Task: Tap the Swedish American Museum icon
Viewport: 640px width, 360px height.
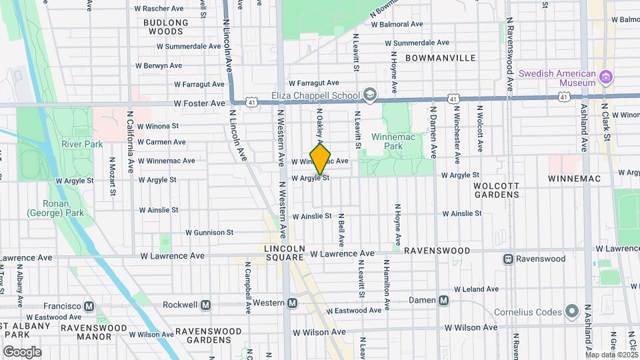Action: pos(606,78)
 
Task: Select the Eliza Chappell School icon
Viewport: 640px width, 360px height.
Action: pos(370,95)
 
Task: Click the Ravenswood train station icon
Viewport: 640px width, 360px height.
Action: pos(508,259)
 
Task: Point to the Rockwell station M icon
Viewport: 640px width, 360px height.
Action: pos(205,305)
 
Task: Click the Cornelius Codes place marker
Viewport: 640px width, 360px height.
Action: pos(571,311)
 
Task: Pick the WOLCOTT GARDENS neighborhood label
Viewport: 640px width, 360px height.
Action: pos(496,189)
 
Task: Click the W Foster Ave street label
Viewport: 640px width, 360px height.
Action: pos(199,103)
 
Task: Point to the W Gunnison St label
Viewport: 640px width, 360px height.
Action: pos(209,233)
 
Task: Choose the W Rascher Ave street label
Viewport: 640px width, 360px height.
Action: pos(159,9)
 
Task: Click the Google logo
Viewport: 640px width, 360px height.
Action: pos(22,351)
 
